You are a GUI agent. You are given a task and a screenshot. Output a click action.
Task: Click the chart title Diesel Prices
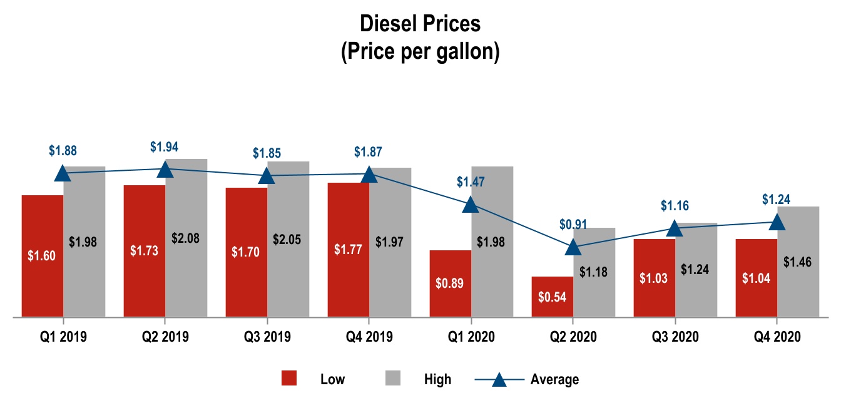pyautogui.click(x=420, y=24)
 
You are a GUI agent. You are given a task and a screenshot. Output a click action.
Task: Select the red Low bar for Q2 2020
pyautogui.click(x=553, y=297)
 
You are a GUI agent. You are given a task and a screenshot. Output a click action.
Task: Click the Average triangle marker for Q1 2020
pyautogui.click(x=471, y=204)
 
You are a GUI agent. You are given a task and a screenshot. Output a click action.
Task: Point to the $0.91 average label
pyautogui.click(x=573, y=225)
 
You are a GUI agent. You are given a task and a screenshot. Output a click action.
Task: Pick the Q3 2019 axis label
pyautogui.click(x=267, y=337)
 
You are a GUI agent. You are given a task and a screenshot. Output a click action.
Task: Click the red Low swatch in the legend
pyautogui.click(x=288, y=379)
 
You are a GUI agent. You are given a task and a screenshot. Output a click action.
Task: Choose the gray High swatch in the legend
pyautogui.click(x=392, y=379)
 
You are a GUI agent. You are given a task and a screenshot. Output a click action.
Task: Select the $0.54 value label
pyautogui.click(x=553, y=297)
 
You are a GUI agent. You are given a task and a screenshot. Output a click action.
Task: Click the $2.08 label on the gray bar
pyautogui.click(x=186, y=238)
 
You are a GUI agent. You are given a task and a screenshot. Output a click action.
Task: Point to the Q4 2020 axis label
pyautogui.click(x=777, y=337)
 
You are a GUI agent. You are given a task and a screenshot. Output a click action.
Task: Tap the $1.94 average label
pyautogui.click(x=164, y=148)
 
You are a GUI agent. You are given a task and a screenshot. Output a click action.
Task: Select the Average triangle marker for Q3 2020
pyautogui.click(x=675, y=228)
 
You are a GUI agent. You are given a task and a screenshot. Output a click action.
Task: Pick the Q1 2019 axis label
pyautogui.click(x=63, y=337)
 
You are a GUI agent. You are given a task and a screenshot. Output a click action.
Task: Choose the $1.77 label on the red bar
pyautogui.click(x=348, y=251)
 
